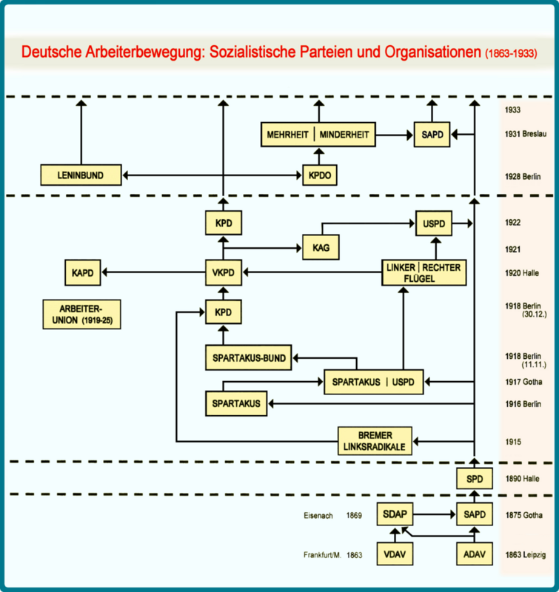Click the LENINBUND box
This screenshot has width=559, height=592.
(x=81, y=175)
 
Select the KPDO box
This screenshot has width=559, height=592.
(x=320, y=175)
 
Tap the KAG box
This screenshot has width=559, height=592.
(x=321, y=247)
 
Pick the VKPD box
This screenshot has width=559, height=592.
(x=223, y=272)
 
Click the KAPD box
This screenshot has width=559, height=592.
(x=83, y=272)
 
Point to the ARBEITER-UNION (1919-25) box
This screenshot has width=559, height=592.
(x=81, y=314)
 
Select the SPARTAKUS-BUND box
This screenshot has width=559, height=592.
(x=249, y=357)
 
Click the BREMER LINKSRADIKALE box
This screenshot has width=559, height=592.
(x=375, y=440)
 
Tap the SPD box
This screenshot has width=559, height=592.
(x=475, y=478)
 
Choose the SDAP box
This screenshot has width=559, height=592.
(x=395, y=514)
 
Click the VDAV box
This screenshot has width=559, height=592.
(x=395, y=554)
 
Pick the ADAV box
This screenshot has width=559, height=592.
(x=475, y=554)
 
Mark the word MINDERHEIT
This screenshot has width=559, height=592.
(x=344, y=135)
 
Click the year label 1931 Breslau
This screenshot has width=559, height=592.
(x=526, y=134)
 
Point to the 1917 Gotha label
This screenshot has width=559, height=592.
(x=523, y=382)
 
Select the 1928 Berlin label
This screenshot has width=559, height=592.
(x=523, y=176)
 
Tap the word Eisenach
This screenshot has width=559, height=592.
(x=318, y=515)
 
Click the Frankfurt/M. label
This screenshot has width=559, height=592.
(x=322, y=555)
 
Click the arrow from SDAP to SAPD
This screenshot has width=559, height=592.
(x=435, y=514)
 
